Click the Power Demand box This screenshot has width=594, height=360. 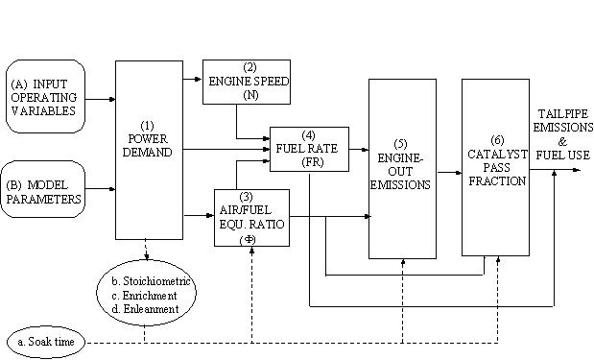point(150,150)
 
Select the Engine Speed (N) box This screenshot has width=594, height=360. point(247,82)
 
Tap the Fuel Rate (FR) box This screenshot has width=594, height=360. point(309,150)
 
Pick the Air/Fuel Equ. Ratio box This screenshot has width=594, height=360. point(252,218)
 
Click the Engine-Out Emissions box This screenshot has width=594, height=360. point(403,169)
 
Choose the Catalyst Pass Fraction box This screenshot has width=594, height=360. point(495,167)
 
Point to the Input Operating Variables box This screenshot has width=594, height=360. point(45,96)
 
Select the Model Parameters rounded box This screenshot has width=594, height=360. point(43,189)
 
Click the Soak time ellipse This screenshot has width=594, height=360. point(46,342)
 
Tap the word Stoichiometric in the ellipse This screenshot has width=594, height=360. point(156,281)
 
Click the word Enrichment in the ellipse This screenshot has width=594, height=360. point(150,296)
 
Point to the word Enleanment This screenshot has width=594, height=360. point(152,309)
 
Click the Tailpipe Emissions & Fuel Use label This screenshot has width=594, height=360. point(563,134)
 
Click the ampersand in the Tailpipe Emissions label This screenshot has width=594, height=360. point(562,141)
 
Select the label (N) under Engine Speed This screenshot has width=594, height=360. point(250,95)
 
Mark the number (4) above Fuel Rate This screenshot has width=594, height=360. point(309,135)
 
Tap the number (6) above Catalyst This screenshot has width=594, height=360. point(497,140)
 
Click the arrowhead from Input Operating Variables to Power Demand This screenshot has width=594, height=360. point(112,99)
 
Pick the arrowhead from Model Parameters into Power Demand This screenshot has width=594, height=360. point(112,189)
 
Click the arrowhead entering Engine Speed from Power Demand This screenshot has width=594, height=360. point(198,79)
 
